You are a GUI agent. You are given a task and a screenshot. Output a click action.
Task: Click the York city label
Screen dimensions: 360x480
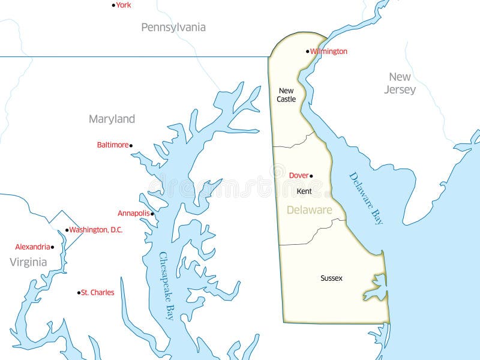(124, 5)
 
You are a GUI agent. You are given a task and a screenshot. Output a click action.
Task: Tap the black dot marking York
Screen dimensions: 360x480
(113, 5)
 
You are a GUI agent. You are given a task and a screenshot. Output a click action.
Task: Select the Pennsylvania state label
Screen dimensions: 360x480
(173, 27)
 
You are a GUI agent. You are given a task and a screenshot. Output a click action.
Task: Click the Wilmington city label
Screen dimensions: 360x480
(329, 52)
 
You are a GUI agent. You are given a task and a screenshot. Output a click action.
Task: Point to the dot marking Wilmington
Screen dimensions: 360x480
(308, 52)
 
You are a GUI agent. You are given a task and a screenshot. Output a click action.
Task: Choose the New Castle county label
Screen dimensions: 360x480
(286, 95)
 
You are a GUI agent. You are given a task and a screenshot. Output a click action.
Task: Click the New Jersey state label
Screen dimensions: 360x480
(400, 83)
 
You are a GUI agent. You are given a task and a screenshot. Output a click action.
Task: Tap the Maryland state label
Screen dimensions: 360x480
(112, 119)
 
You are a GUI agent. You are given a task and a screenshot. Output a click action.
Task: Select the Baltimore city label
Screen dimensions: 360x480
(113, 145)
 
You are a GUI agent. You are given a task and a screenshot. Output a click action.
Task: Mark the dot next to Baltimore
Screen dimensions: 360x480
(131, 145)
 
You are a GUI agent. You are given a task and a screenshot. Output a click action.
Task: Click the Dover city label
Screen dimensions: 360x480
(299, 175)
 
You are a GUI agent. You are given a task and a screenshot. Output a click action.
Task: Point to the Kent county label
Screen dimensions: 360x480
(304, 191)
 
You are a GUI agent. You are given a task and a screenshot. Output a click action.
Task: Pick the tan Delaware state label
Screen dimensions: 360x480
(309, 210)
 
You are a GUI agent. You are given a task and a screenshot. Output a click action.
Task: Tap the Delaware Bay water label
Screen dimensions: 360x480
(366, 199)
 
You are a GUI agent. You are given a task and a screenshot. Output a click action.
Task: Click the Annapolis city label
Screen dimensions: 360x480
(133, 213)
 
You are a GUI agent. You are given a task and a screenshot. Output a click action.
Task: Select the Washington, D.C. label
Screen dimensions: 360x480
(96, 230)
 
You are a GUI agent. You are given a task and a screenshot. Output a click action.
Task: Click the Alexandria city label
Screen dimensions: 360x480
(32, 247)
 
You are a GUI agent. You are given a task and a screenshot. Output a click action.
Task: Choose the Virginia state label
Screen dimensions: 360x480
(28, 262)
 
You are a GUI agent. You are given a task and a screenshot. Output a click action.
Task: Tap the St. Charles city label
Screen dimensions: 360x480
(98, 293)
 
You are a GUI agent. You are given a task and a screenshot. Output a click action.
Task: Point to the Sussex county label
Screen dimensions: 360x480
(331, 278)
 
